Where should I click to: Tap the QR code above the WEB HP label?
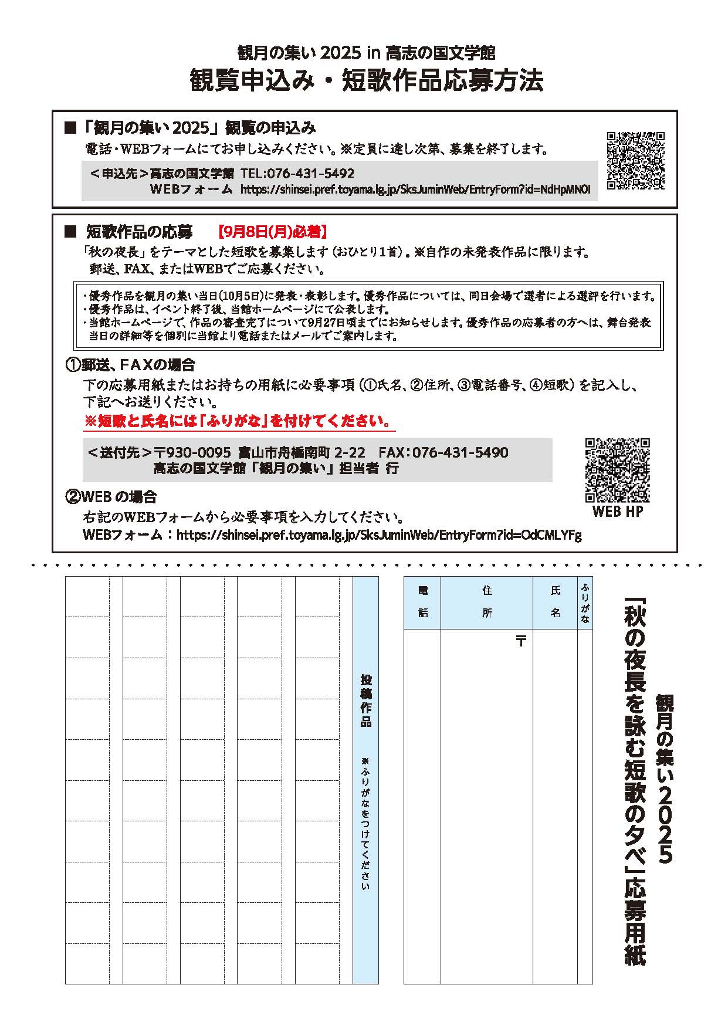click(617, 470)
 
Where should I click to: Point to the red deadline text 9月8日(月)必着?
click(272, 232)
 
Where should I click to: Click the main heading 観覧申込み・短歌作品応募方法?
click(366, 81)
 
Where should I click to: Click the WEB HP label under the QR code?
click(617, 512)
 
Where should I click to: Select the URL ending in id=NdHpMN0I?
click(415, 189)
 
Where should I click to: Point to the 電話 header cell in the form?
click(423, 602)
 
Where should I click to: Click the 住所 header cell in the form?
click(487, 602)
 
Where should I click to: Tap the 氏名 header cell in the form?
click(555, 602)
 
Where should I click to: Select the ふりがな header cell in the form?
click(585, 602)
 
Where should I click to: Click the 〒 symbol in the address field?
click(520, 641)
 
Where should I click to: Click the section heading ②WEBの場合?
click(111, 497)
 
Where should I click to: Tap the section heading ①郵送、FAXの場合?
click(130, 365)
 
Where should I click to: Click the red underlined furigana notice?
click(237, 421)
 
